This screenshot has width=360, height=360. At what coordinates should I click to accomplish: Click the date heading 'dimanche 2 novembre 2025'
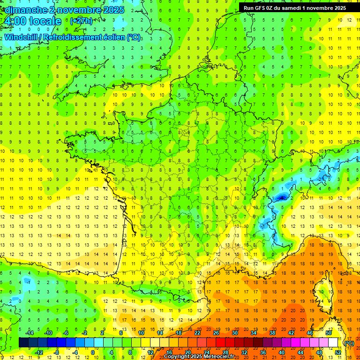click(65, 10)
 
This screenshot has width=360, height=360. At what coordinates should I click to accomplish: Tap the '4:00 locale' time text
click(32, 21)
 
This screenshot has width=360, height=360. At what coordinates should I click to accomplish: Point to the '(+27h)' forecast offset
click(81, 21)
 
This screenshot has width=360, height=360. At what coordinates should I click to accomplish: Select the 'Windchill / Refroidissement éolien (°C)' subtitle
click(73, 37)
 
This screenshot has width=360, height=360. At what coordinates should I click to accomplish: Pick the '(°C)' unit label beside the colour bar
click(349, 343)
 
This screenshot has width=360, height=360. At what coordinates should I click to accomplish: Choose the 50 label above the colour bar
click(329, 333)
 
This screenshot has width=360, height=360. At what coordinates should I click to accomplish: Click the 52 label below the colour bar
click(338, 352)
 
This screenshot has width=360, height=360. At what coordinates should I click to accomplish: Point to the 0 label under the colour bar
click(92, 352)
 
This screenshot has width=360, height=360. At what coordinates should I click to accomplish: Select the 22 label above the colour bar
click(197, 333)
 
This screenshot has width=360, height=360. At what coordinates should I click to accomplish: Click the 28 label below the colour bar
click(225, 352)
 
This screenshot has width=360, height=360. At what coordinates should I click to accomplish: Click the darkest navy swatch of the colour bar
click(23, 343)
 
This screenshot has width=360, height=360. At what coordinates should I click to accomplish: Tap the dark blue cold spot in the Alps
click(281, 198)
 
